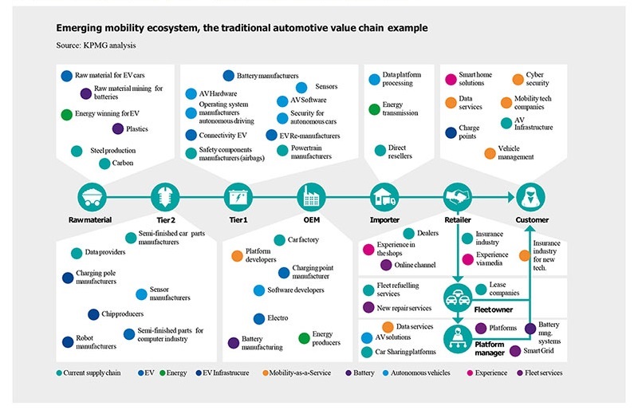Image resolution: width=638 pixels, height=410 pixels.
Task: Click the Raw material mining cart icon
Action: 92,198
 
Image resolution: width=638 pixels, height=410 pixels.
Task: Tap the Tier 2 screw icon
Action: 165,198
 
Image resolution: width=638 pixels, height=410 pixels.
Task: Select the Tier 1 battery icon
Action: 238,198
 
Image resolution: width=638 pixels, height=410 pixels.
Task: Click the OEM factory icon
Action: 311,198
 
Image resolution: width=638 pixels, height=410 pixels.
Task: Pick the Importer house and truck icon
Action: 384,198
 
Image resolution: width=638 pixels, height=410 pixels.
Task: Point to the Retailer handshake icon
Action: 458,198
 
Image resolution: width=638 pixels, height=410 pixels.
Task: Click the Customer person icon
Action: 531,198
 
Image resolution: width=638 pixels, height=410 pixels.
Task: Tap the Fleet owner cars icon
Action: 458,298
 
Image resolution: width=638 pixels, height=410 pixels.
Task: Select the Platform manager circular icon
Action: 458,339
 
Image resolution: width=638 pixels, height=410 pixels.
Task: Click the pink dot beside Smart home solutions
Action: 451,80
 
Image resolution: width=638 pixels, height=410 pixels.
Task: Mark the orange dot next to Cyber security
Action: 518,80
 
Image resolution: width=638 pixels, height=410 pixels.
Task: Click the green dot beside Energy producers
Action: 305,338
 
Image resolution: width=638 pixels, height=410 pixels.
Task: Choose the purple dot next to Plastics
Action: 118,129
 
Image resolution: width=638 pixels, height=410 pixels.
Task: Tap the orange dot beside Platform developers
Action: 237,256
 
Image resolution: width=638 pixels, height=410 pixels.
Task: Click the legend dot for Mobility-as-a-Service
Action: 266,373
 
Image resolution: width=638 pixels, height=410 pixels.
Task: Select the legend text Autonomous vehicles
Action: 420,373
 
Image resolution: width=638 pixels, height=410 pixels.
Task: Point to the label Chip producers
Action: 123,314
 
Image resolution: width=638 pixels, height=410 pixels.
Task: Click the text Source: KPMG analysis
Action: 96,45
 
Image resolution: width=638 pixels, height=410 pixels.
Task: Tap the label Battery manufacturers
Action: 267,76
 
